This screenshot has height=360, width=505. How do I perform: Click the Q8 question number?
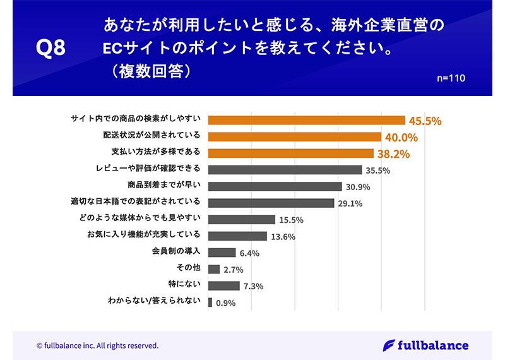click(x=51, y=49)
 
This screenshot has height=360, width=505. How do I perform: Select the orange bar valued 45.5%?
click(x=306, y=120)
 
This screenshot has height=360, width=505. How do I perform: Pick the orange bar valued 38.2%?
click(x=291, y=153)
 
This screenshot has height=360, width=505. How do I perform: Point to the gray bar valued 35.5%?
click(x=285, y=169)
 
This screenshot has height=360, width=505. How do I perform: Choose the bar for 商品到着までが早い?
click(x=275, y=186)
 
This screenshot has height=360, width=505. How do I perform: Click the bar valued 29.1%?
click(x=271, y=203)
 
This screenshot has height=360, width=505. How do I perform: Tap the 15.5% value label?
click(x=292, y=220)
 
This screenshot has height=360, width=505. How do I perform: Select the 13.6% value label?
click(x=283, y=236)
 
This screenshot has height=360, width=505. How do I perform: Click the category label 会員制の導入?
click(x=176, y=252)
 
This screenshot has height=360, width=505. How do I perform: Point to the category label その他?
click(x=189, y=268)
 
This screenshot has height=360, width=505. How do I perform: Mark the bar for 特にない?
click(x=224, y=285)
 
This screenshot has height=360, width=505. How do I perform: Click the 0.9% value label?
click(x=225, y=303)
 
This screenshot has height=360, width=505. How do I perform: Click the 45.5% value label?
click(x=425, y=120)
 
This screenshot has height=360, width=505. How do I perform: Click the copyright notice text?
click(x=97, y=345)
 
